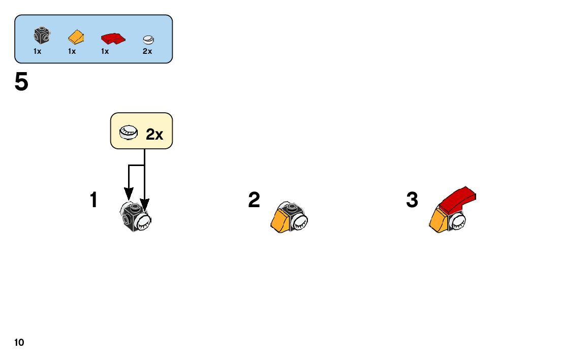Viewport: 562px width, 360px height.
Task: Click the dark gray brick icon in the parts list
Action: point(42,36)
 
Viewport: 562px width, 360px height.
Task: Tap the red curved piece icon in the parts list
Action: point(112,38)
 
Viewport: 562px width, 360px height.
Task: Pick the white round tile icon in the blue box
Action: point(148,39)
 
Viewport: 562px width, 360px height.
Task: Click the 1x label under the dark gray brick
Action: point(38,51)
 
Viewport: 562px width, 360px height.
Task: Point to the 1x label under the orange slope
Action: point(72,51)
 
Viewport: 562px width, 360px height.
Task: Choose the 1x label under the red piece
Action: point(105,51)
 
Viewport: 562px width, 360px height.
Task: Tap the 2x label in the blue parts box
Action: point(147,51)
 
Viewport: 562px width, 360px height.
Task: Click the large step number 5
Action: point(22,82)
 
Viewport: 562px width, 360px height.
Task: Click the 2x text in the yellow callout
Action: point(154,135)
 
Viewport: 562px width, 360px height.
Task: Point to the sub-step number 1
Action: point(93,200)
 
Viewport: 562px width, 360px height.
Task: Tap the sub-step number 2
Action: point(254,200)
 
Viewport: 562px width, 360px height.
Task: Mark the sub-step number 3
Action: point(412,200)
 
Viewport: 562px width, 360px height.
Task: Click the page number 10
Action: point(19,343)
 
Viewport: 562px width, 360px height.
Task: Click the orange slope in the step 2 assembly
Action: point(280,219)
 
